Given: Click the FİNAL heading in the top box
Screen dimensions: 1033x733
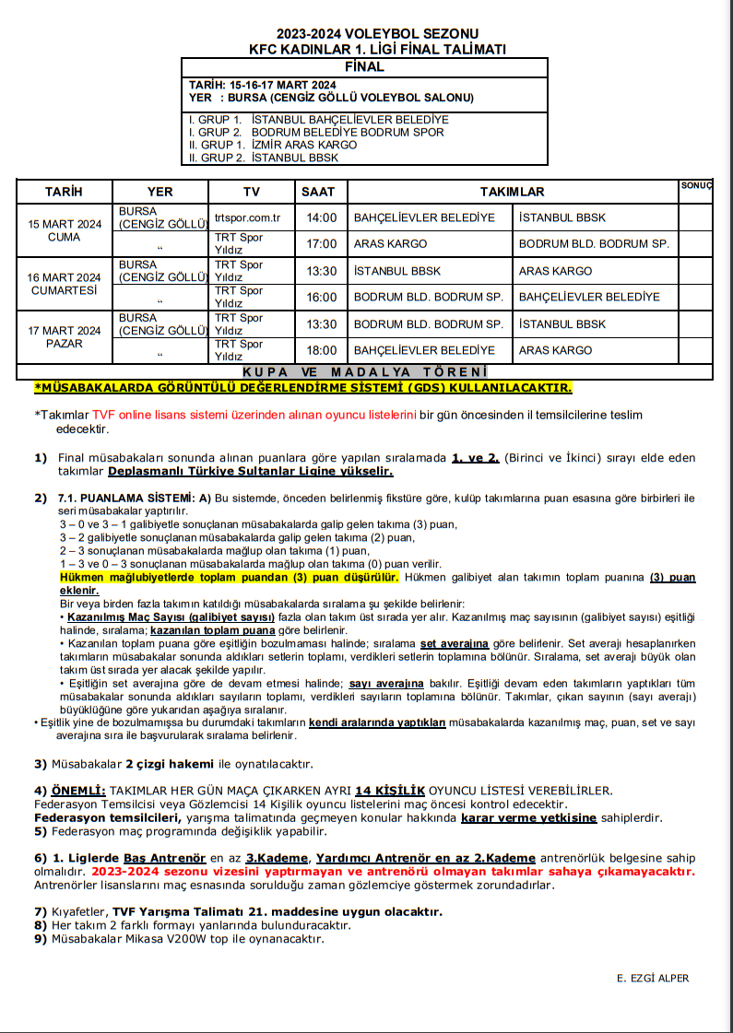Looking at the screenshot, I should click(x=364, y=67).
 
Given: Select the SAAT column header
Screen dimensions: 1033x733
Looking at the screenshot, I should click(x=319, y=192).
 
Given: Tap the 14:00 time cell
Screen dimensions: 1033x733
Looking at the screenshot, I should click(x=322, y=218).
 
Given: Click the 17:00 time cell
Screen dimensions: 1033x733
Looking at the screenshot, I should click(x=322, y=244).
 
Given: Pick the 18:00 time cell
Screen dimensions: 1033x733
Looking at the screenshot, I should click(x=322, y=351).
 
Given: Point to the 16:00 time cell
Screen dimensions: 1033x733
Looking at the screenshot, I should click(x=322, y=298).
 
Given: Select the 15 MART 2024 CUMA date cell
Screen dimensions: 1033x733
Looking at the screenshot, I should click(x=65, y=230).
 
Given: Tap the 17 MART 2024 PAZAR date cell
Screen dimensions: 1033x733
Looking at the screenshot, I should click(x=65, y=337).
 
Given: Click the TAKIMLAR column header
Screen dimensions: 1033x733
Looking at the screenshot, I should click(x=512, y=192).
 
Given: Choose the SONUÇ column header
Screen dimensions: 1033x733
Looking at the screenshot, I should click(x=696, y=186).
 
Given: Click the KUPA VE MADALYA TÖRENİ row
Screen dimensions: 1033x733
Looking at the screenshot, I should click(x=364, y=371).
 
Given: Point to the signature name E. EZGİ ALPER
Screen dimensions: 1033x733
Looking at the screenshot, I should click(x=653, y=979).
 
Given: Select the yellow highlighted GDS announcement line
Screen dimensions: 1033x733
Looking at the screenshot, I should click(x=302, y=388).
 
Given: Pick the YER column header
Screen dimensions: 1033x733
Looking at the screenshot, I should click(x=160, y=192).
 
